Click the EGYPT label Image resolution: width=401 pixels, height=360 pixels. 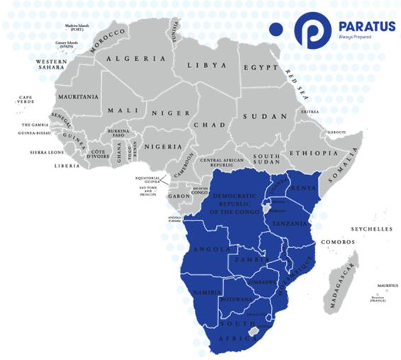click(257, 67)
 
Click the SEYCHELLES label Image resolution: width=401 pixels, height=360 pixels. click(371, 230)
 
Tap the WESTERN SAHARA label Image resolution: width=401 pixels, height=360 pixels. click(50, 65)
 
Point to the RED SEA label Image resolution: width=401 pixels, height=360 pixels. click(296, 82)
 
